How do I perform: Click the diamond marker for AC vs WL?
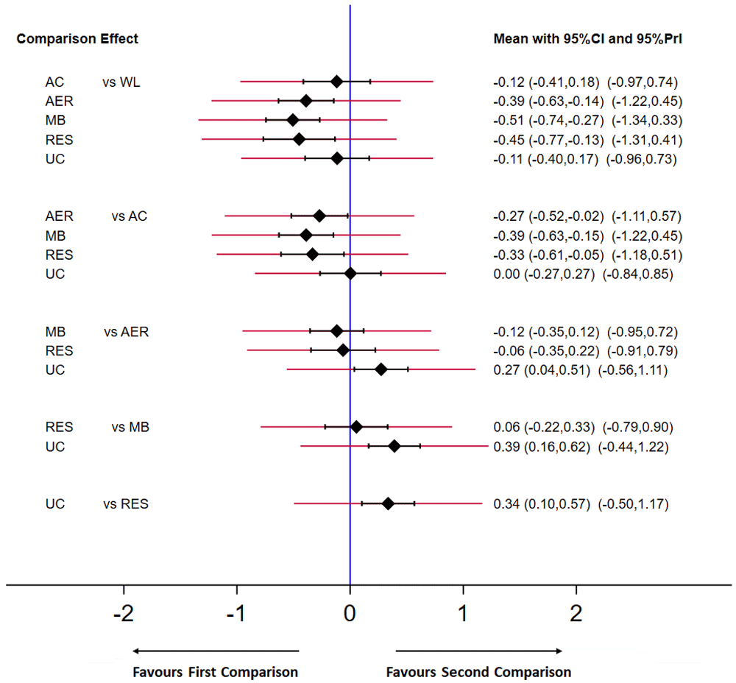(x=336, y=81)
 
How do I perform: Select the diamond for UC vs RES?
(x=388, y=503)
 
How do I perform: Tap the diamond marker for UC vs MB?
(x=394, y=445)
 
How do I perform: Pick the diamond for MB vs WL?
(x=292, y=120)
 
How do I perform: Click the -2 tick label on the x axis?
(x=123, y=613)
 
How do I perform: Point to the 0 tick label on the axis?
(x=350, y=613)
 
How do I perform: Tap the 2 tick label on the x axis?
(x=576, y=613)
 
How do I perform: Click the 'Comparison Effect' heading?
(x=77, y=38)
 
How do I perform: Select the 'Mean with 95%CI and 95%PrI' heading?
(x=587, y=38)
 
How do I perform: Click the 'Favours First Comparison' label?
(x=215, y=672)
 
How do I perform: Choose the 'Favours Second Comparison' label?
(x=478, y=672)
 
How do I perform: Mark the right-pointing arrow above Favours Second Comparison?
(x=479, y=651)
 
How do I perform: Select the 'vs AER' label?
(x=126, y=332)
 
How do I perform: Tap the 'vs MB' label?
(x=130, y=427)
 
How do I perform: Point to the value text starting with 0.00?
(x=583, y=274)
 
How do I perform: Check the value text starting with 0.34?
(x=581, y=504)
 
